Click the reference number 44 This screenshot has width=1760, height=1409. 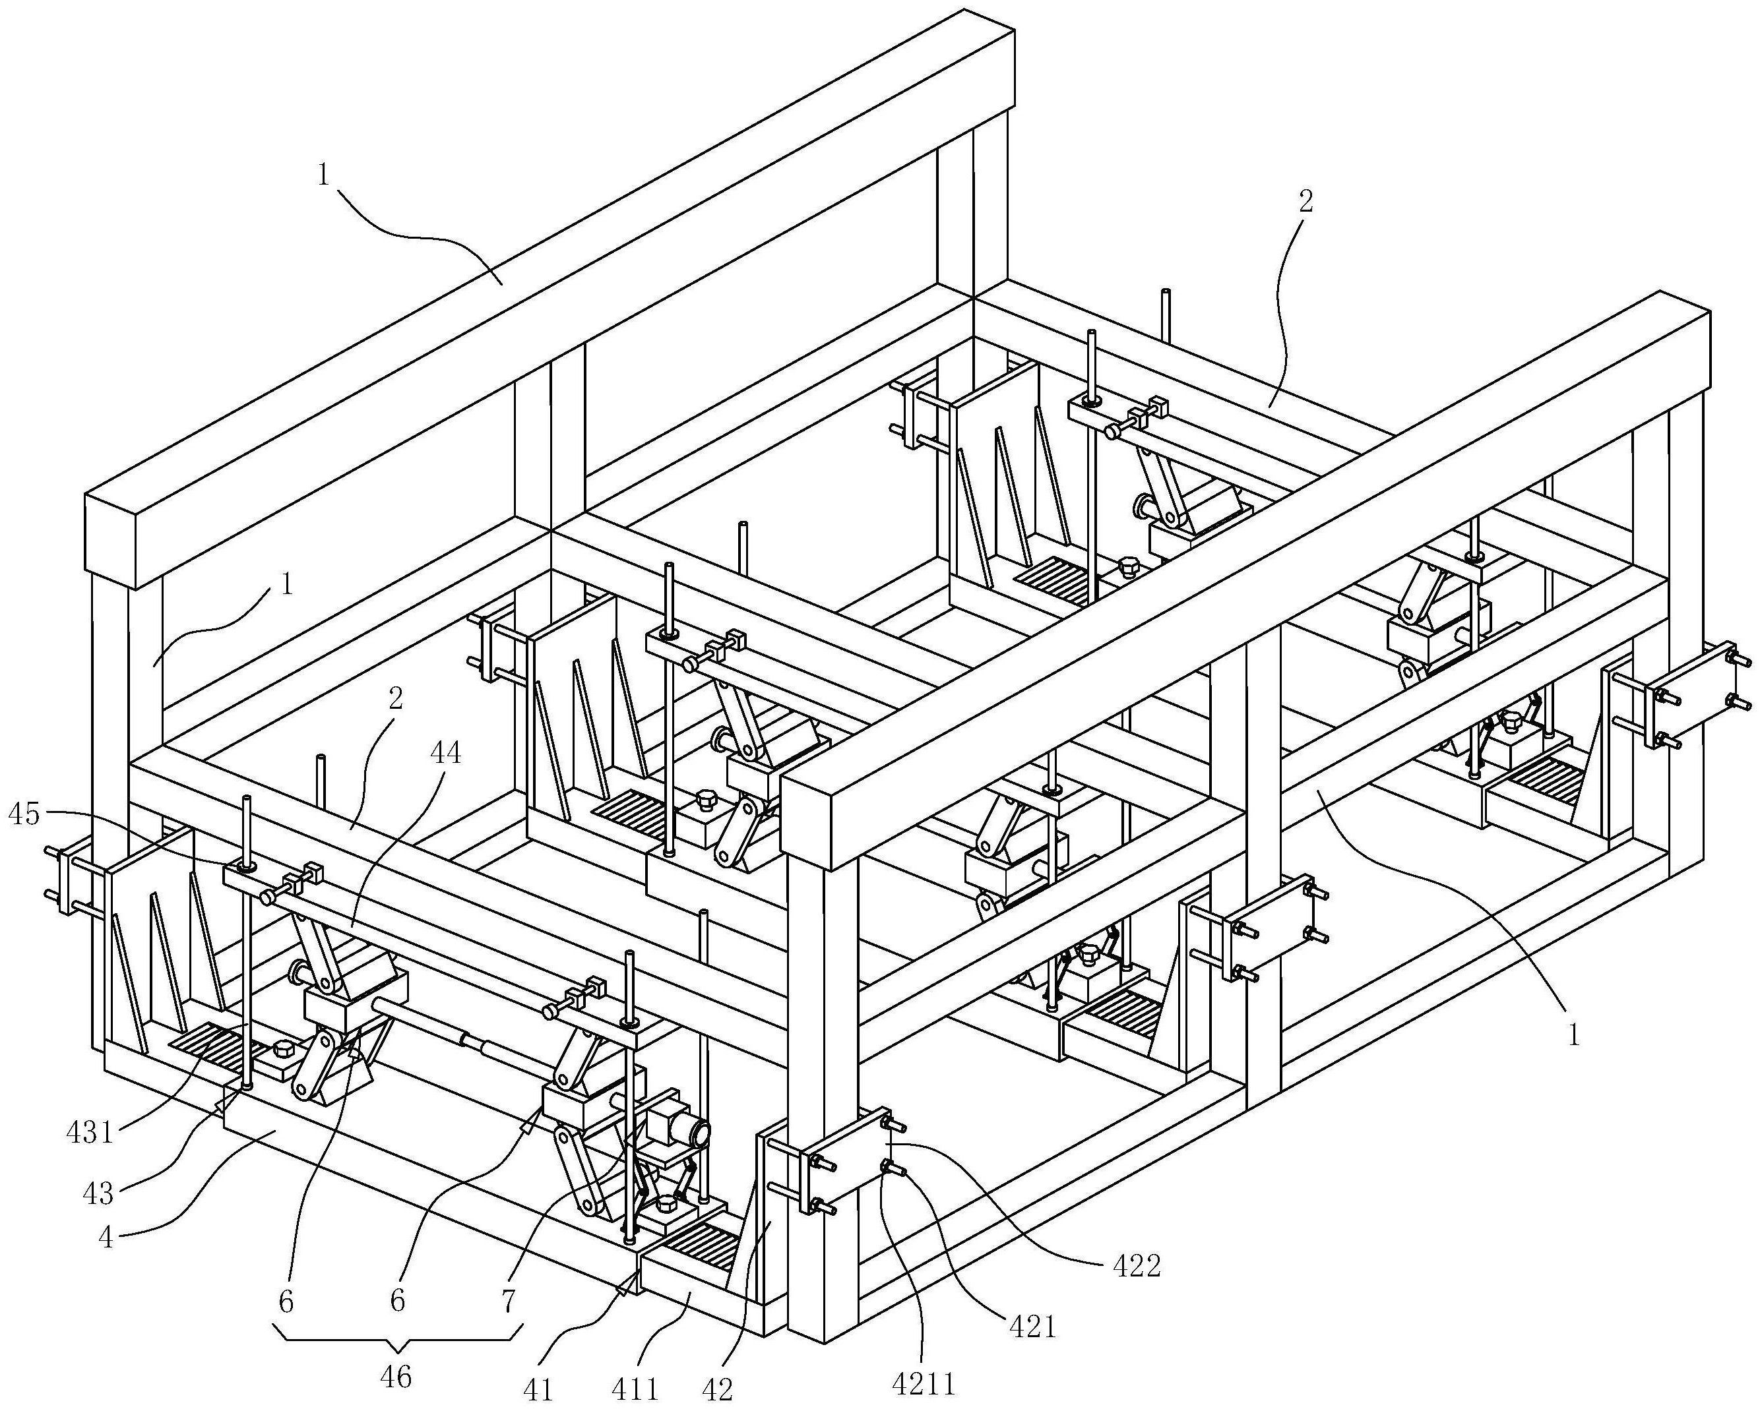pos(444,752)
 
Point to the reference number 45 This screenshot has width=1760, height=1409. pos(24,814)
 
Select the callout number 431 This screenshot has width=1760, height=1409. pos(90,1133)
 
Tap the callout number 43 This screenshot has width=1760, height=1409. pos(99,1193)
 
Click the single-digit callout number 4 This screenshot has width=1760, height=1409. pos(106,1238)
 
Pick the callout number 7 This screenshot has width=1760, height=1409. pos(508,1300)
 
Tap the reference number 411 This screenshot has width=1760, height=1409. pos(635,1389)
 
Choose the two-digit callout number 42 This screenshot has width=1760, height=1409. pos(718,1389)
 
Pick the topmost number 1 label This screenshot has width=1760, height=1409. pos(324,175)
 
